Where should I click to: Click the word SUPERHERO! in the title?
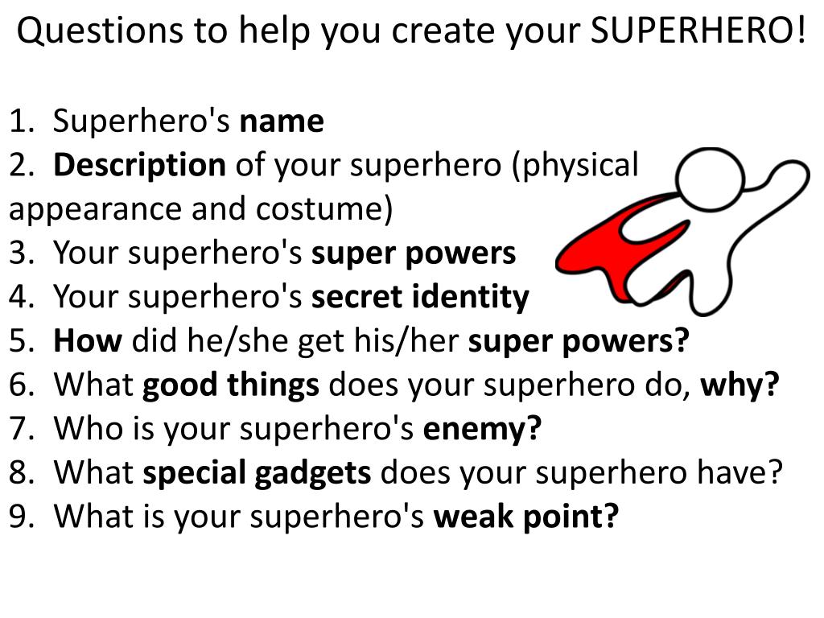pos(698,31)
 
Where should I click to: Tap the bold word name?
pos(282,122)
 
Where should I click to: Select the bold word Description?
pos(139,165)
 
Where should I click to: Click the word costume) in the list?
pos(325,209)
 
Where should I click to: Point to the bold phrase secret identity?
pos(420,297)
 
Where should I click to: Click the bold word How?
pos(87,341)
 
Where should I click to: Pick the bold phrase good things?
pos(231,385)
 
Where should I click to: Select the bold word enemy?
pos(482,429)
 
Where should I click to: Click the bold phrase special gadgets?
pos(257,472)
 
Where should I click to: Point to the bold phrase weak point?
pos(526,516)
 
